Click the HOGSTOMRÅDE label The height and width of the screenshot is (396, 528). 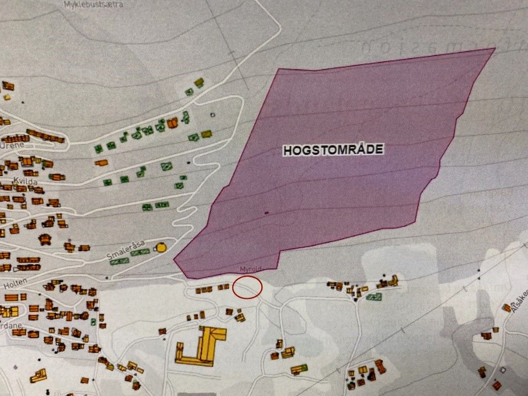point(333,150)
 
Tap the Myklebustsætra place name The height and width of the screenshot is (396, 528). point(94,5)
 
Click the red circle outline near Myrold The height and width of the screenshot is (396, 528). point(247,287)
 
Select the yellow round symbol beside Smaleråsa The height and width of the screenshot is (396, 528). point(161,247)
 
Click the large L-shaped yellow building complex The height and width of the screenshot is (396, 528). point(201,345)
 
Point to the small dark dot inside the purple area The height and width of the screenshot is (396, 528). point(267,212)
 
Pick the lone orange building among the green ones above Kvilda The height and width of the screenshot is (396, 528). point(102,163)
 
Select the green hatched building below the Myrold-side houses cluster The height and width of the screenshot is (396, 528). point(374,297)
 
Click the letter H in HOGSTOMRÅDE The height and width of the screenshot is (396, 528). point(287,151)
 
